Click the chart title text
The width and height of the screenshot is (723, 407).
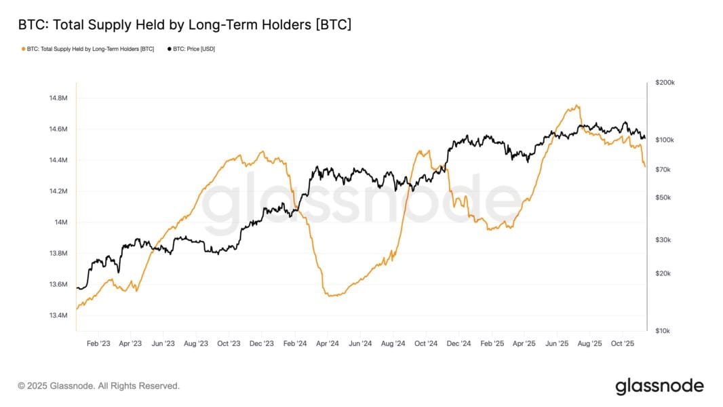[x=184, y=24]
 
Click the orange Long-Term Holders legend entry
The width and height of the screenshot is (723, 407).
[x=87, y=49]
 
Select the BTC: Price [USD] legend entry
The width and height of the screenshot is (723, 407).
[x=191, y=49]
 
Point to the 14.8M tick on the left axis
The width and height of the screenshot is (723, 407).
[x=58, y=98]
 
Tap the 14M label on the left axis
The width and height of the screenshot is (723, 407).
[x=61, y=222]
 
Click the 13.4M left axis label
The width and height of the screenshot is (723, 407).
[x=58, y=315]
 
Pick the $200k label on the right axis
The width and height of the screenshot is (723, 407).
[x=665, y=83]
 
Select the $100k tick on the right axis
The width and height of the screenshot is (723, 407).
[x=665, y=140]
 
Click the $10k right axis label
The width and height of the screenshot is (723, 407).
[x=663, y=330]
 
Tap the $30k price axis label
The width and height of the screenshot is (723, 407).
[x=663, y=239]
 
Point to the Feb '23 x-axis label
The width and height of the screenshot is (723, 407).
[x=98, y=343]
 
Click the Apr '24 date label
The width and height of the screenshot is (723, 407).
[x=328, y=343]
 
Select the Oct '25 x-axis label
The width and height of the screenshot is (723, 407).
[x=623, y=343]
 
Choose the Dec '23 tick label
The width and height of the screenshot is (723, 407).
[x=261, y=343]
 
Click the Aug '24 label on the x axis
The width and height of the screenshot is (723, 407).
[x=393, y=343]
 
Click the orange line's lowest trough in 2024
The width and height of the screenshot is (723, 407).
[x=331, y=296]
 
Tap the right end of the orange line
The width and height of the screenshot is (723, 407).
[x=645, y=166]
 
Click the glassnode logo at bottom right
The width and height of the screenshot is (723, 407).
[x=659, y=386]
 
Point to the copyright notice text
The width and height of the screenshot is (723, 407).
[x=98, y=386]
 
